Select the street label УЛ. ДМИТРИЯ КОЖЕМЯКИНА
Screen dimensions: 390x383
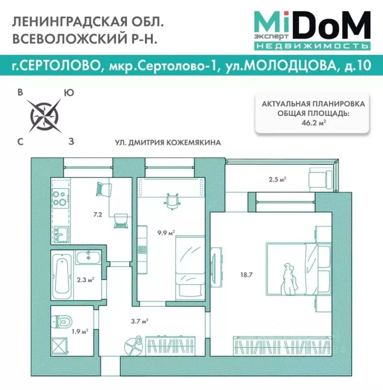[168, 143]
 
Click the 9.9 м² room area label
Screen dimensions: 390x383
[166, 233]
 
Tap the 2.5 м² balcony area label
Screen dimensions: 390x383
[277, 179]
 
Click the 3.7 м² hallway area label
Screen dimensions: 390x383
[139, 321]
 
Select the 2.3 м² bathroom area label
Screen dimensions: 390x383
[83, 279]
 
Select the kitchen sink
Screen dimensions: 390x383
[61, 234]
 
